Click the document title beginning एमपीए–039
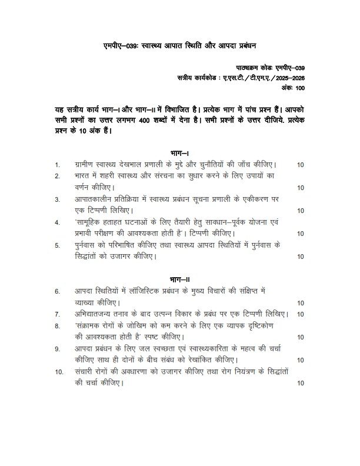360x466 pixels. (180, 44)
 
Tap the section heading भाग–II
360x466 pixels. (179, 278)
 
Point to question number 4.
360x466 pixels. (57, 223)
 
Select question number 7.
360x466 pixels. (58, 314)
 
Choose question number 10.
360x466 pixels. (59, 372)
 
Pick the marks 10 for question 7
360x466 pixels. (301, 314)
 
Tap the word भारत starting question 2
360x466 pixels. (84, 176)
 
